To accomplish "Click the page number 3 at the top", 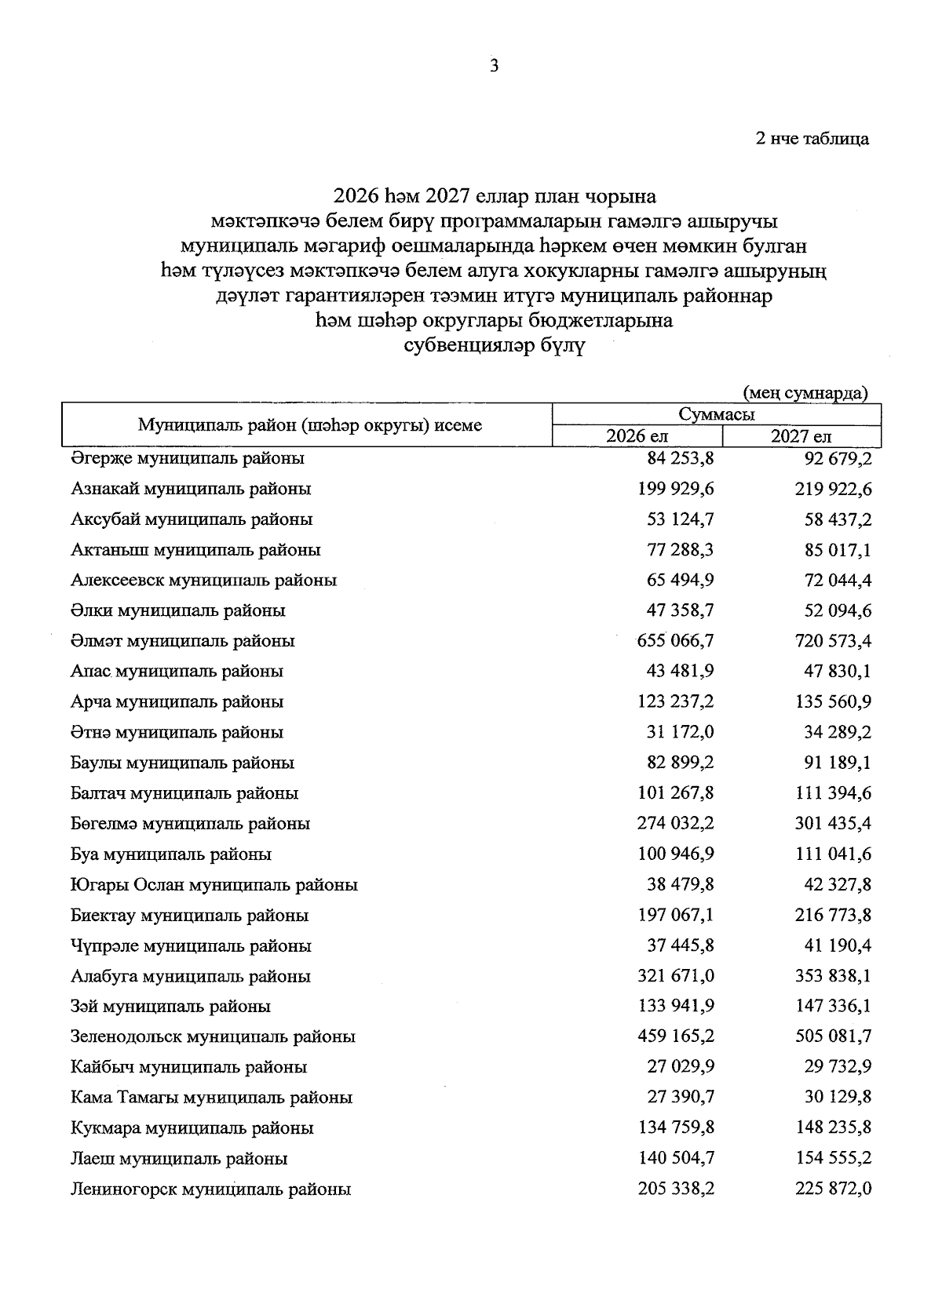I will (x=494, y=67).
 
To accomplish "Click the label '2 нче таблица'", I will (x=812, y=139).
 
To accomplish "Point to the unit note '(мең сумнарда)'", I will (x=805, y=392).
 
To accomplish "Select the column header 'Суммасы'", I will (x=717, y=414).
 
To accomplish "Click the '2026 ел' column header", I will (x=637, y=436).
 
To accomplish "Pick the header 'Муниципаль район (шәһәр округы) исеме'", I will (x=310, y=425).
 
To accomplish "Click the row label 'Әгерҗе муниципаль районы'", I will (x=188, y=457).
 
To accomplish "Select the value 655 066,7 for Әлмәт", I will (x=675, y=641).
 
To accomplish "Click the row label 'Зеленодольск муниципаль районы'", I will (x=213, y=1036).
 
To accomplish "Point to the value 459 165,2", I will (x=675, y=1036).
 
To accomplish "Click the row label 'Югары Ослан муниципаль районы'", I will (x=214, y=885).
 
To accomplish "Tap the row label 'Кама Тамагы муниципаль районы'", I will (x=212, y=1098).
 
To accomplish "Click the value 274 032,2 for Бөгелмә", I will (x=675, y=824).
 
